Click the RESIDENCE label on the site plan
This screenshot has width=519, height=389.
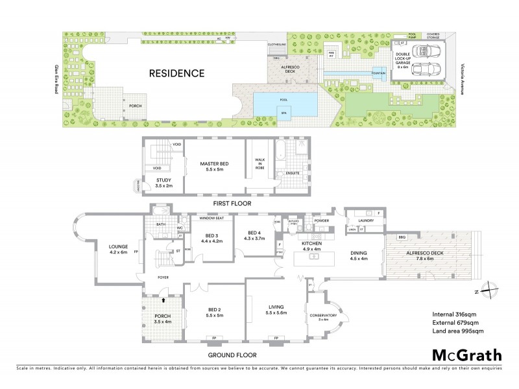point(177,73)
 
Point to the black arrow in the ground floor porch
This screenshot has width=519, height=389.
point(163,301)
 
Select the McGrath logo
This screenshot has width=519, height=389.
point(467,355)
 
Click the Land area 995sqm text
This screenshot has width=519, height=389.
point(458,331)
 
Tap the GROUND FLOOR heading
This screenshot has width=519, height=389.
point(232,355)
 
